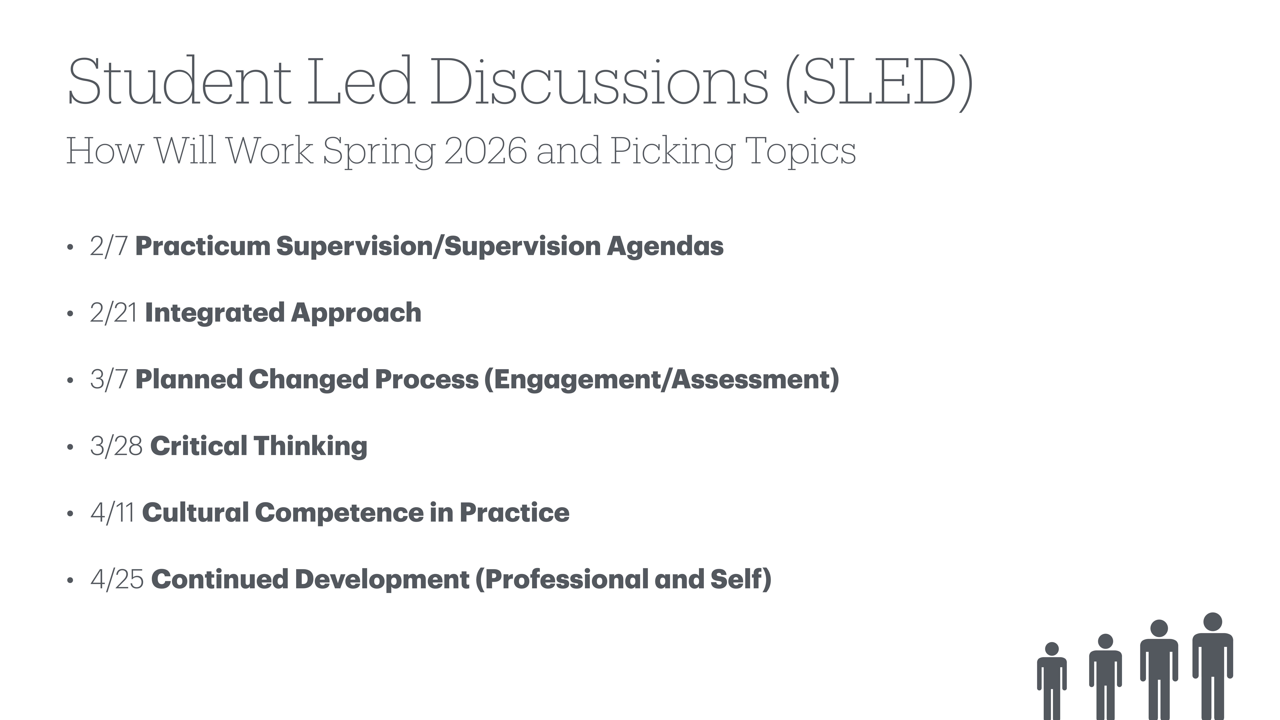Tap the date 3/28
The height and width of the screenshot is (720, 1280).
[116, 446]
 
